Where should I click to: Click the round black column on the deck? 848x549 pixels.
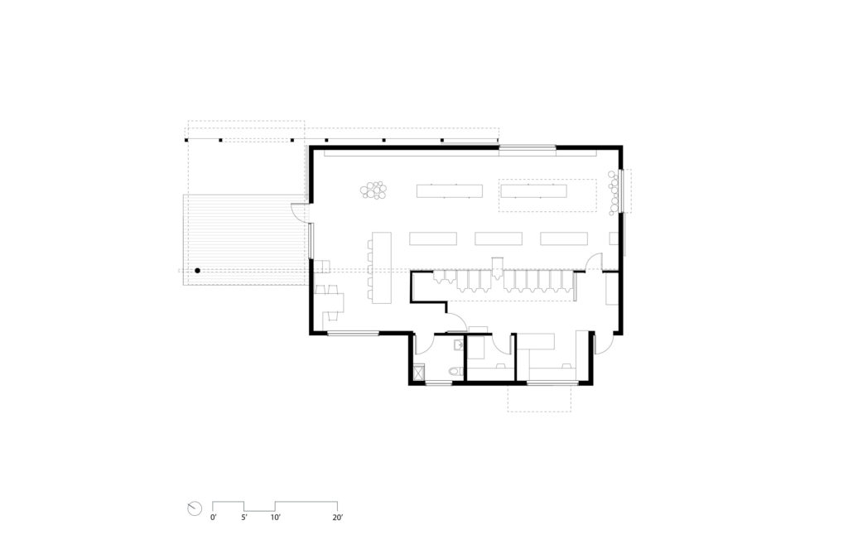198,271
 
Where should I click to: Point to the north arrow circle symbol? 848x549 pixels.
195,508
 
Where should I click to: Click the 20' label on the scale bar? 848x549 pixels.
337,518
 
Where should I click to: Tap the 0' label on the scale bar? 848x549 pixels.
214,518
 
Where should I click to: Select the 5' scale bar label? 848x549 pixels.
244,518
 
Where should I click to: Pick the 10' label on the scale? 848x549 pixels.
275,518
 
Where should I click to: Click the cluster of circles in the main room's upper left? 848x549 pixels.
374,190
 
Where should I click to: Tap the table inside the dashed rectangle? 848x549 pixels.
532,192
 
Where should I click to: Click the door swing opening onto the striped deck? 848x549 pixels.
298,213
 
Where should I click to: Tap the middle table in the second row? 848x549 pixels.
499,238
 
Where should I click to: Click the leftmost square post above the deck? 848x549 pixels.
188,141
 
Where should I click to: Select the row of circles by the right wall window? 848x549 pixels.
614,191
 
